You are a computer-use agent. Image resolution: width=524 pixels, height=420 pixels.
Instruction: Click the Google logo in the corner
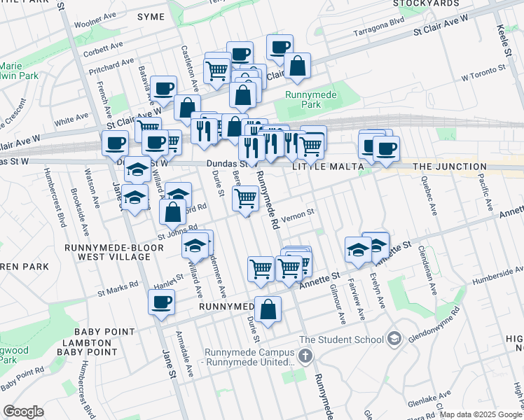pyautogui.click(x=23, y=412)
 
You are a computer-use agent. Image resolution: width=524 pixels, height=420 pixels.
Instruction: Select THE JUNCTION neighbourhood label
pyautogui.click(x=450, y=167)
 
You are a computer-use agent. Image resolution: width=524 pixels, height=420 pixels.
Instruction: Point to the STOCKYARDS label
pyautogui.click(x=425, y=3)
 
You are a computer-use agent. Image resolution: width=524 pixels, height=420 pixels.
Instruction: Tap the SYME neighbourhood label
pyautogui.click(x=151, y=16)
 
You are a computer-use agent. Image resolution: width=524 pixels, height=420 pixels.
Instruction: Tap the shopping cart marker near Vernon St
pyautogui.click(x=244, y=199)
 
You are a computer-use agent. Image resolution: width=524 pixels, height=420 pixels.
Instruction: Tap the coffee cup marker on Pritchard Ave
pyautogui.click(x=164, y=89)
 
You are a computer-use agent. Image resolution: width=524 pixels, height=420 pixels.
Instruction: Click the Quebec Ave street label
pyautogui.click(x=428, y=199)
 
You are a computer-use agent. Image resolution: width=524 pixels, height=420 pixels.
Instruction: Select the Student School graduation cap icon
pyautogui.click(x=394, y=339)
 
